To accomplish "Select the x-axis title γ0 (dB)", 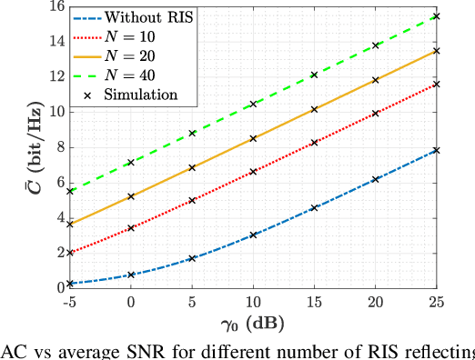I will [255, 324].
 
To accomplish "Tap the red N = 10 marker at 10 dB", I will [253, 171].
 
